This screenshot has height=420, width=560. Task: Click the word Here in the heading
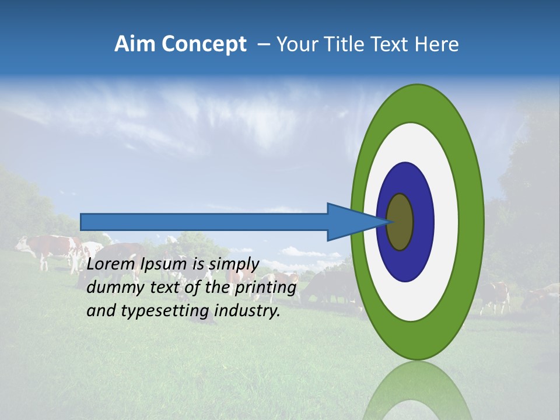437,44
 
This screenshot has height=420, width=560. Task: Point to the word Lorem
111,264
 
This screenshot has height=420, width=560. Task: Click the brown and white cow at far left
47,248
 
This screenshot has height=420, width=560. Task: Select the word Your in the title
295,44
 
